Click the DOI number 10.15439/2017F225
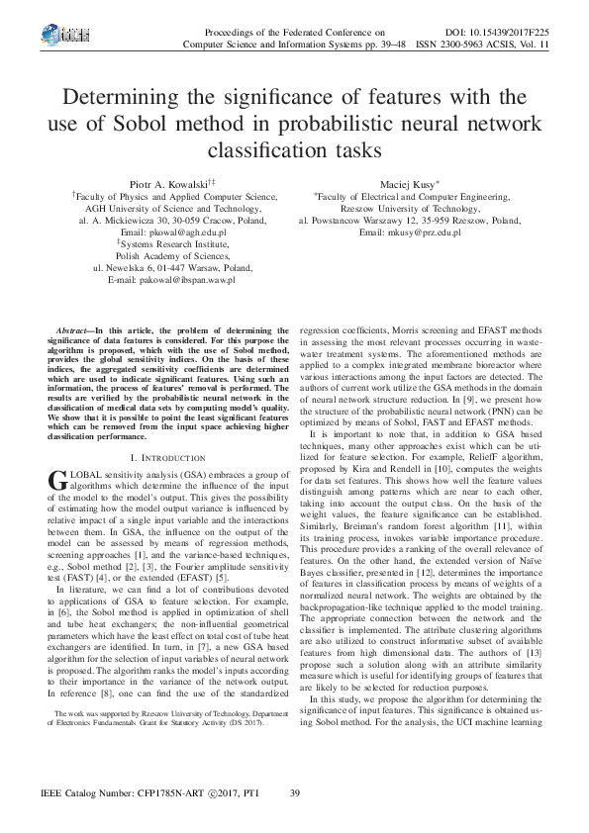[x=505, y=33]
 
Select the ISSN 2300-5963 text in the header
[x=455, y=46]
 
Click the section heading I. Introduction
[x=168, y=458]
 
